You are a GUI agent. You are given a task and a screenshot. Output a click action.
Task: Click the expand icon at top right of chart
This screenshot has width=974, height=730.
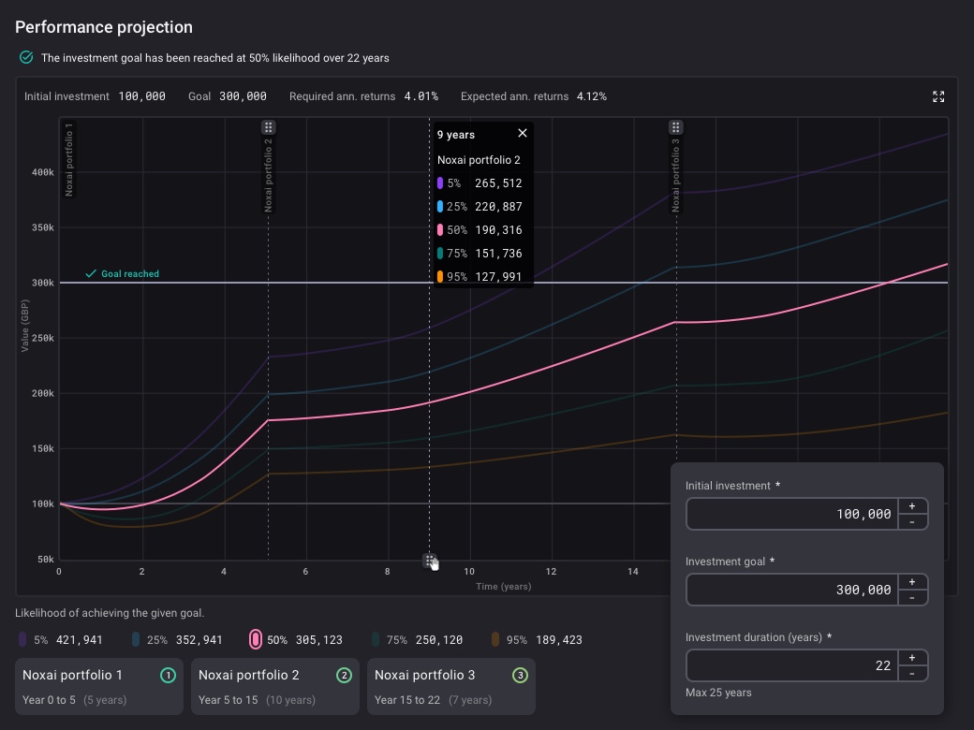point(938,96)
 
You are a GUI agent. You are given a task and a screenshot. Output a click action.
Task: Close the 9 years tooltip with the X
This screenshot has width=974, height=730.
point(523,133)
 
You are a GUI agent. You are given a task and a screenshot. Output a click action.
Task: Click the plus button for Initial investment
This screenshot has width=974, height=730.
point(912,505)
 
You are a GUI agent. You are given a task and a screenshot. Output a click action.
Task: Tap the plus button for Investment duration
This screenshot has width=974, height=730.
point(912,657)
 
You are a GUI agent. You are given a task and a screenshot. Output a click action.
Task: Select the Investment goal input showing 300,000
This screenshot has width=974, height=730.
point(791,590)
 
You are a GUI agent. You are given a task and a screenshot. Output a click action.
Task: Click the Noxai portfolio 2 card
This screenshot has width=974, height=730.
point(274,686)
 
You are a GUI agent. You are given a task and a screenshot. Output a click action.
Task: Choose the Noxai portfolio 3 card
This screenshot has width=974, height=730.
point(450,686)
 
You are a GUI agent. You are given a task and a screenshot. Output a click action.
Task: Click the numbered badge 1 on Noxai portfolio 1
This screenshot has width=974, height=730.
point(168,675)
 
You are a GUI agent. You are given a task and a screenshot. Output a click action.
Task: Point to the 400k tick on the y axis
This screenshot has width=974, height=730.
point(43,172)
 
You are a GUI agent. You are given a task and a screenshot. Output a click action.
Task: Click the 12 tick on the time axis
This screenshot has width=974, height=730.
point(552,571)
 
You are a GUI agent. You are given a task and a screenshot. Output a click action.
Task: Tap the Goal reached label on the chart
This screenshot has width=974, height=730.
point(129,274)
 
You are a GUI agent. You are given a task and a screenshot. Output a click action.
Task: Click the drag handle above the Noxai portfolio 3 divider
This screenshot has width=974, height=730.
point(675,127)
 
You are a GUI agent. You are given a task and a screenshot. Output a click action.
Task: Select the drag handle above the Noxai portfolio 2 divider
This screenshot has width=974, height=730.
point(268,127)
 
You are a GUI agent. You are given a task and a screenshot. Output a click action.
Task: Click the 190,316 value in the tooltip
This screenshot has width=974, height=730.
point(498,230)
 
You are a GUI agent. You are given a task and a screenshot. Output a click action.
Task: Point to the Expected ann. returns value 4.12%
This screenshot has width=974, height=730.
point(591,96)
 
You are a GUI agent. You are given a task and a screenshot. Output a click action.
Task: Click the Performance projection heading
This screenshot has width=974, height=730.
point(104,27)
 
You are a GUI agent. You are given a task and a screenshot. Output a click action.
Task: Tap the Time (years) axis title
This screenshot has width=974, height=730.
point(503,587)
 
